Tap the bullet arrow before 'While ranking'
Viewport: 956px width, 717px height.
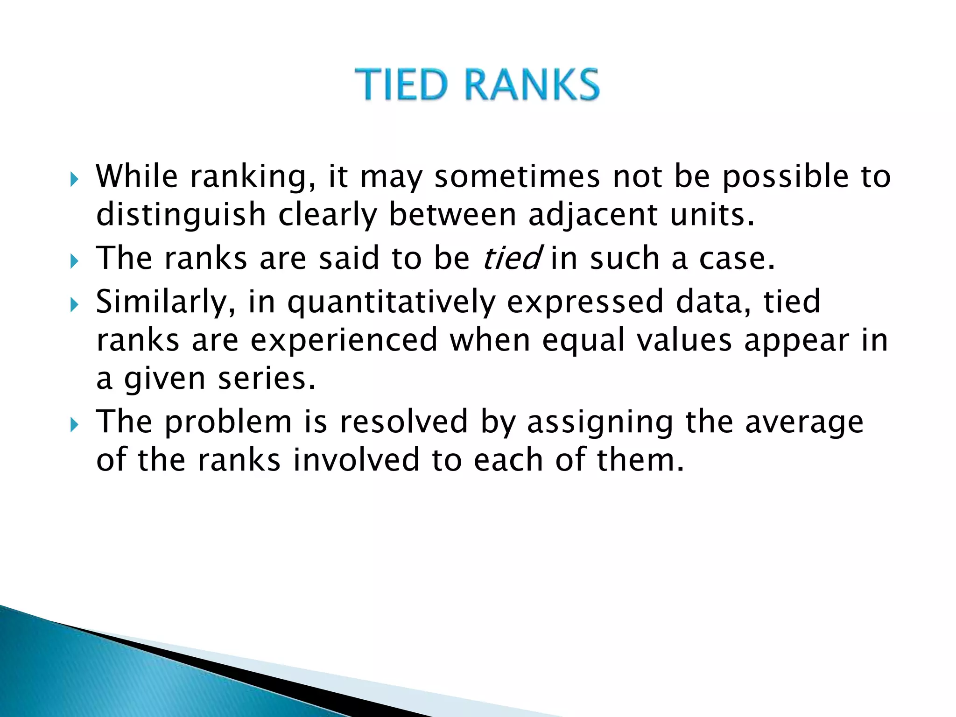(74, 179)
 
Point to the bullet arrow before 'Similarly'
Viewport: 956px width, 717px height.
(74, 305)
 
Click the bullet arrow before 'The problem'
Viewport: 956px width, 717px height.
(74, 425)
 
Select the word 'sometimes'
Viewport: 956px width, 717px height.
(517, 177)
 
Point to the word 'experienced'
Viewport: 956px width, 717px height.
(344, 340)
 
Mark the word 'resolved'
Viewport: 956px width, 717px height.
(403, 422)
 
